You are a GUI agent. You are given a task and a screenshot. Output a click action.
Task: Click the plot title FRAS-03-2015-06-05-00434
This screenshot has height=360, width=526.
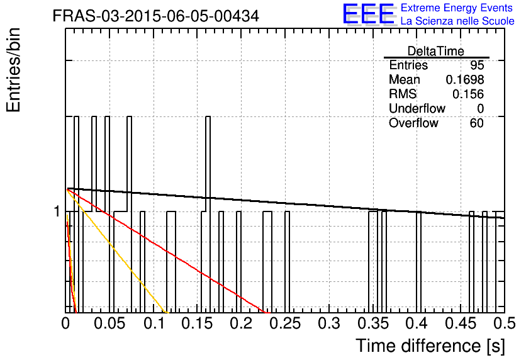pos(156,16)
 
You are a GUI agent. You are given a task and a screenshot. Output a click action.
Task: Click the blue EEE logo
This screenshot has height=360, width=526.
pos(369,14)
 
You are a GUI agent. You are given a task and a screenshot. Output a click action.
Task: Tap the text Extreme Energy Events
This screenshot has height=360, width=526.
pos(457,8)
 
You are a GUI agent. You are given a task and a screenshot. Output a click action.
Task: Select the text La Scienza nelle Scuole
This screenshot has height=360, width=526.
pos(457,21)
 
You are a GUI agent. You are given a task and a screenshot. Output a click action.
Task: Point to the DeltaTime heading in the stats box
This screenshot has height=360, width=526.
pos(436,51)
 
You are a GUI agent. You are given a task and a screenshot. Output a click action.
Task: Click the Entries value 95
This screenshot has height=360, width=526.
pos(477,65)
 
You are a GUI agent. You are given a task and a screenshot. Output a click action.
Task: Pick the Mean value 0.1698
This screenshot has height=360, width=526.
pos(464,79)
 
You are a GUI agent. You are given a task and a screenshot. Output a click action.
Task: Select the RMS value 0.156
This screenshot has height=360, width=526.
pos(468,94)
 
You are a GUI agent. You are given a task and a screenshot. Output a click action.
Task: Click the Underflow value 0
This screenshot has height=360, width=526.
pos(480,109)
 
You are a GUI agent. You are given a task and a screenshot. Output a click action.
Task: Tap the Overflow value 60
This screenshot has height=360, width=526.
pos(477,123)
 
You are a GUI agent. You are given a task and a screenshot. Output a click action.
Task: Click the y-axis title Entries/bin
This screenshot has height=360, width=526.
pos(13,70)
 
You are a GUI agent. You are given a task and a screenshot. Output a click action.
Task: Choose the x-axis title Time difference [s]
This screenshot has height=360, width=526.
pos(430,346)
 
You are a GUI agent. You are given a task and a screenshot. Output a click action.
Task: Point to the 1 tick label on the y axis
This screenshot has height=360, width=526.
pos(57,211)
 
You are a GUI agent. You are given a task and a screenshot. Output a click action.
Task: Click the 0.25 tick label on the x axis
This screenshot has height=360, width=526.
pos(285,323)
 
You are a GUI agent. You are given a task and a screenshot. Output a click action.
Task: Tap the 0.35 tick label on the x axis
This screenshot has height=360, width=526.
pos(373,323)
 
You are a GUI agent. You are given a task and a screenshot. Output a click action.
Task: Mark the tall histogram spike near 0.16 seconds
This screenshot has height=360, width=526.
pos(208,215)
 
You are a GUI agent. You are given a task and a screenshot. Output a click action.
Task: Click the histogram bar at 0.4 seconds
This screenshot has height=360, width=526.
pos(418,262)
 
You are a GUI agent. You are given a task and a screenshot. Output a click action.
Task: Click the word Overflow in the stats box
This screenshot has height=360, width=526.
pos(413,123)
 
